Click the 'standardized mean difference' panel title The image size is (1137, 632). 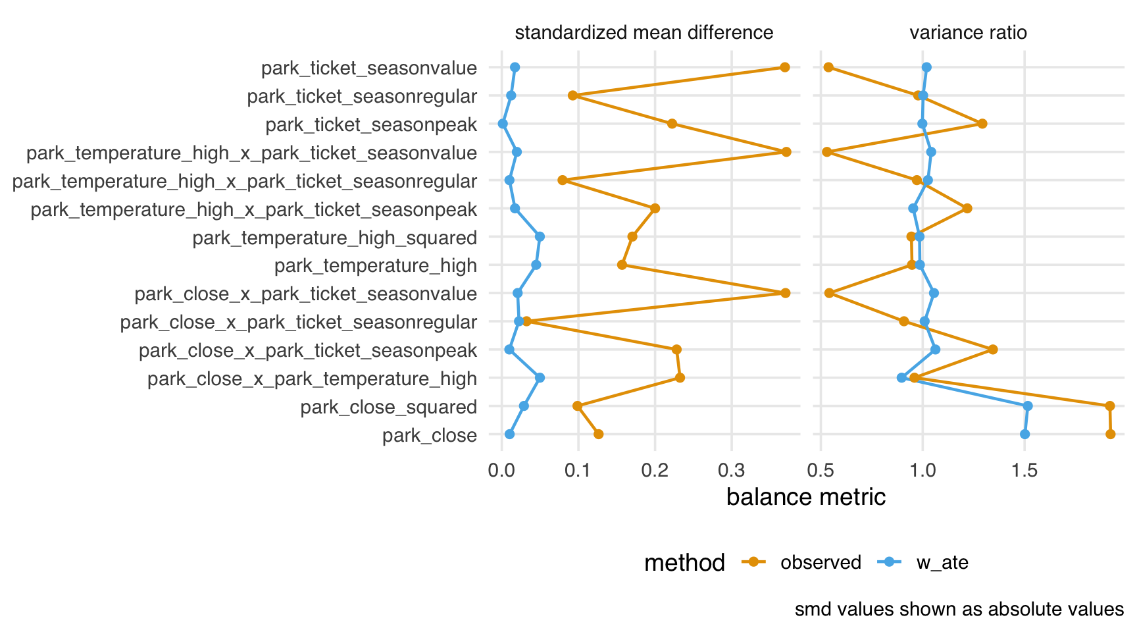(644, 33)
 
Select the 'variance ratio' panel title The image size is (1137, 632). (968, 33)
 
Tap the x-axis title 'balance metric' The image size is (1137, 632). (805, 497)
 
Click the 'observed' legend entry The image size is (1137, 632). (821, 563)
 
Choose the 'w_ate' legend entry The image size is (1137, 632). (942, 563)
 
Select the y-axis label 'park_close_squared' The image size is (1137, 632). (388, 408)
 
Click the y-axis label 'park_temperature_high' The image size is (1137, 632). (375, 266)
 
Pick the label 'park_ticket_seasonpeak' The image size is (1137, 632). (370, 125)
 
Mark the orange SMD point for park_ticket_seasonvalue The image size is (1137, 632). (784, 67)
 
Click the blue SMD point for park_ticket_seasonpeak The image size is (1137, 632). (503, 124)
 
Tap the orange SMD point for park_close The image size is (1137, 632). (598, 434)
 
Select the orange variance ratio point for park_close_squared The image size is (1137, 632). (1110, 406)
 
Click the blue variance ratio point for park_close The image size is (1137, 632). (1024, 434)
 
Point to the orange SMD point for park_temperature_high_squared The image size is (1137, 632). (632, 236)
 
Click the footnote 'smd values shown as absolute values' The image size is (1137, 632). (959, 610)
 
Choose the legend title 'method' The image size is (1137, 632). (684, 563)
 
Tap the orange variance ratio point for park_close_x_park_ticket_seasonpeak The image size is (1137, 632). (993, 350)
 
